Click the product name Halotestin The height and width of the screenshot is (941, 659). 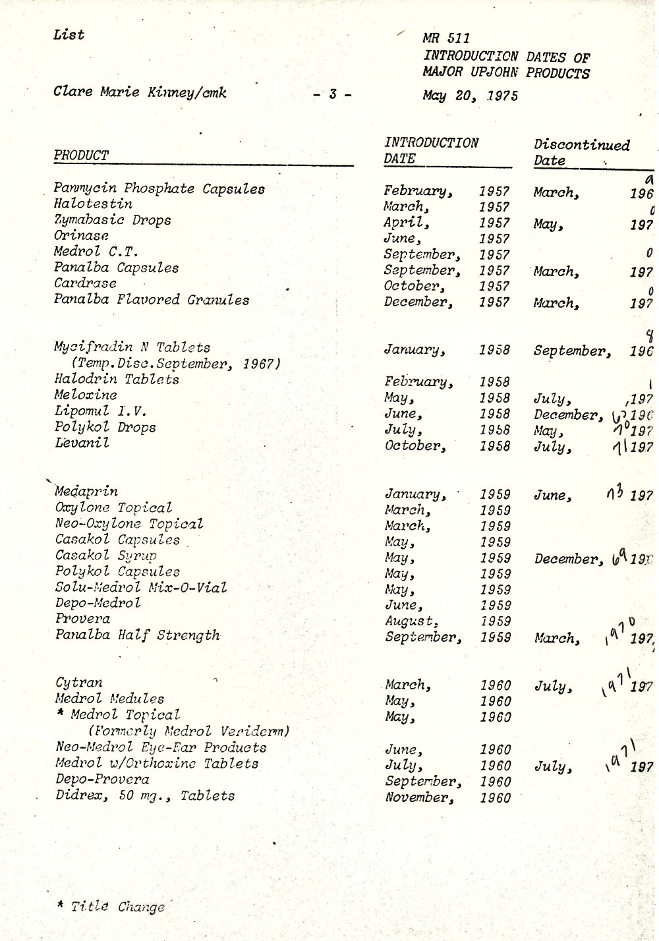pos(93,204)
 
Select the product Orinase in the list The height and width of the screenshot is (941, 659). pos(81,236)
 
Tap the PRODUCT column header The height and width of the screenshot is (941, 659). pos(81,156)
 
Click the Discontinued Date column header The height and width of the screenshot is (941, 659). pos(581,152)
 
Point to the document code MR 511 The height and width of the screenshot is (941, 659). pos(446,39)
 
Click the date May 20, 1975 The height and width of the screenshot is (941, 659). pos(470,96)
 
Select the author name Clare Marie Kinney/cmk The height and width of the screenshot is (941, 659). pos(140,92)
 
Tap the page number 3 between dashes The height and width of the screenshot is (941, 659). pos(331,95)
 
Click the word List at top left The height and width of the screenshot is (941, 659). pos(69,35)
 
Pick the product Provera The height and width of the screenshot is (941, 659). pos(82,619)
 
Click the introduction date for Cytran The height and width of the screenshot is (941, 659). pos(447,685)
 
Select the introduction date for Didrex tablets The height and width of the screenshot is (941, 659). pos(447,797)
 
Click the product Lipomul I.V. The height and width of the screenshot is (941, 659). pos(101,411)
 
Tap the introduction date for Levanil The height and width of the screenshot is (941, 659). pos(447,446)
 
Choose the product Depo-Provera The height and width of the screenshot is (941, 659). pos(102,780)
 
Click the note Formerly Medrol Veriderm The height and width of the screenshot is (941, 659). pos(189,731)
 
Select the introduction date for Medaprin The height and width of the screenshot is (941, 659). pos(447,494)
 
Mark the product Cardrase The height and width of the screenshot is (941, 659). pos(86,283)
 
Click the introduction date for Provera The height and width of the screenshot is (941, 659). pos(447,621)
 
